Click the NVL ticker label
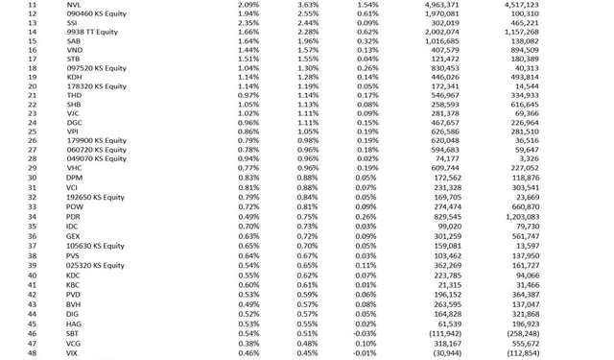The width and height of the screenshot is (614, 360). [x=74, y=5]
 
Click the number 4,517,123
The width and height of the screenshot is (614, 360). [x=521, y=5]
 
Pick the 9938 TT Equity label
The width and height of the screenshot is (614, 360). [x=89, y=33]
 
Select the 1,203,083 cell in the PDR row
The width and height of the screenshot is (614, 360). [x=521, y=217]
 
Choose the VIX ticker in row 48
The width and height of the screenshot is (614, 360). [x=73, y=353]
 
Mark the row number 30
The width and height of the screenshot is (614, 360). [x=32, y=178]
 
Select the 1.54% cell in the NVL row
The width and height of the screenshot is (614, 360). [x=366, y=5]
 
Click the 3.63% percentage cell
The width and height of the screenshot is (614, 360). [x=308, y=5]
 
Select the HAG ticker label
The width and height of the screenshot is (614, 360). [x=74, y=324]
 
